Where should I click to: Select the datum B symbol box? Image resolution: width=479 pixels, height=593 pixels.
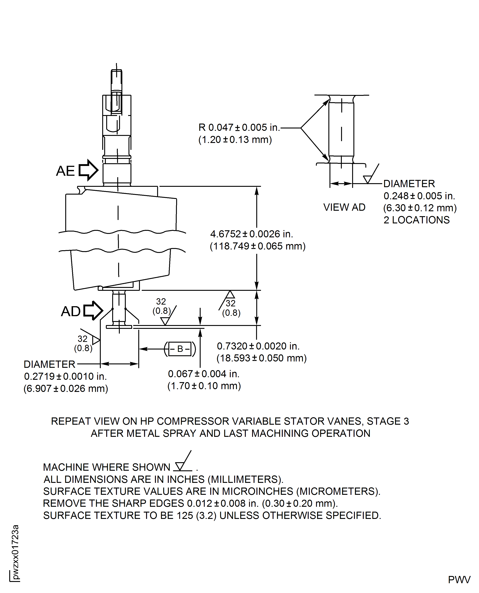coord(180,349)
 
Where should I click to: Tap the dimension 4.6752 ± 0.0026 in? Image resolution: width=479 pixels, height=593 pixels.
coord(251,234)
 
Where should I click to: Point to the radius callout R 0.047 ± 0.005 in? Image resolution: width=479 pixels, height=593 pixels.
coord(239,127)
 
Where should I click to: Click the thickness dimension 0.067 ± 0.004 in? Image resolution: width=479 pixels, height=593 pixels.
coord(204,374)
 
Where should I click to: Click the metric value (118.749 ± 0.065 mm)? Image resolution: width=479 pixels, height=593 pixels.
coord(257,246)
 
